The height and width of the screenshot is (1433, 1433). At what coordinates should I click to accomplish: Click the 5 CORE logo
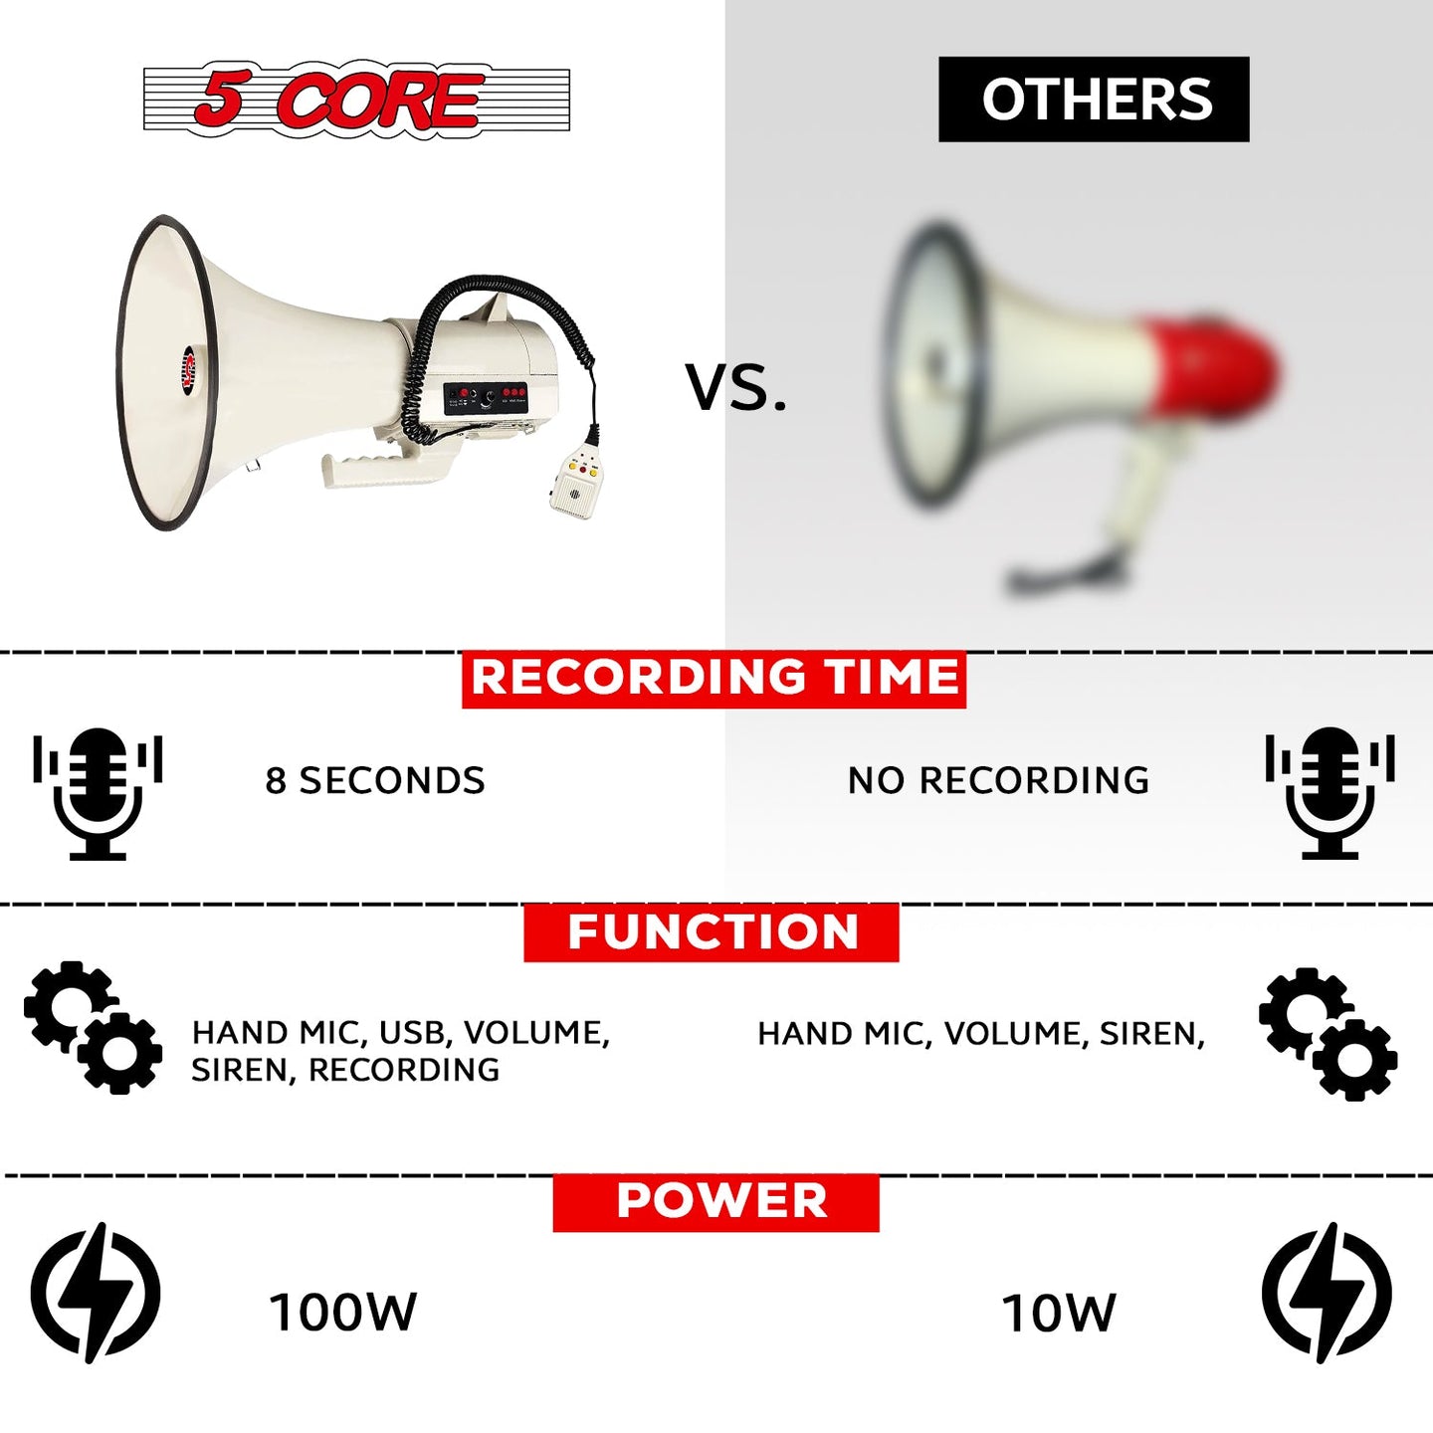click(356, 99)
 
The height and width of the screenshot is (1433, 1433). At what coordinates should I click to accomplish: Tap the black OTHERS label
click(1093, 99)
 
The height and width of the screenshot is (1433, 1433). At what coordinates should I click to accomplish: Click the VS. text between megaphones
click(735, 386)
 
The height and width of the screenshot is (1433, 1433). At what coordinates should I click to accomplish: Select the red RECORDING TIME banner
click(714, 679)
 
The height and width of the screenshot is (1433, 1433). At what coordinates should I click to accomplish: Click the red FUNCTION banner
click(712, 932)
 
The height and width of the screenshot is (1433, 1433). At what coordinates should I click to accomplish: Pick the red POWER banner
click(716, 1202)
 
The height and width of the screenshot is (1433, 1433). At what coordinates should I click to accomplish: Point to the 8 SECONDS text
click(375, 781)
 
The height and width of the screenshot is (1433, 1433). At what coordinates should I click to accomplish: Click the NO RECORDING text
click(998, 781)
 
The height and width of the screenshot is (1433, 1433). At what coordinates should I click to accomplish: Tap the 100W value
click(342, 1313)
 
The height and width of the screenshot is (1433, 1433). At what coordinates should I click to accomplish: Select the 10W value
click(1058, 1314)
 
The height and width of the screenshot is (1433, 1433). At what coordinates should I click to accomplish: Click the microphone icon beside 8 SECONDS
click(98, 793)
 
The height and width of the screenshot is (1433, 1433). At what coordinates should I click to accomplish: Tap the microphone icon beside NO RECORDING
click(1330, 793)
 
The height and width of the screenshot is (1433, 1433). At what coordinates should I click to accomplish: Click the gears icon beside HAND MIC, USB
click(93, 1028)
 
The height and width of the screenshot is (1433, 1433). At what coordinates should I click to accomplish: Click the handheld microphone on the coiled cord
click(575, 481)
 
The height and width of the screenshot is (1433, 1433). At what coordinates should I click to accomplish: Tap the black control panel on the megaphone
click(486, 398)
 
